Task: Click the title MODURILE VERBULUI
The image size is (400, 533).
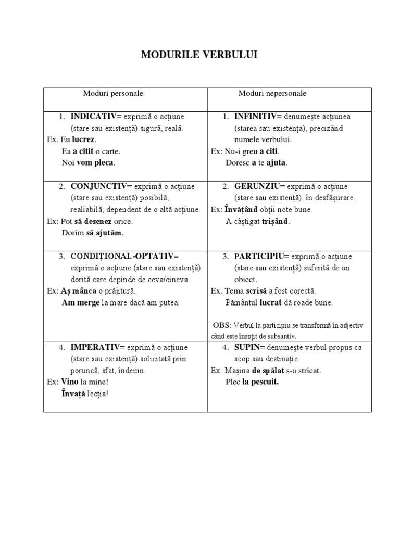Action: coord(199,55)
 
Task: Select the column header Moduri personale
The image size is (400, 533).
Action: coord(113,94)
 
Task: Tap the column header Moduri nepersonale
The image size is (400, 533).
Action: coord(272,94)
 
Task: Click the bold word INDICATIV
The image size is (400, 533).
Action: coord(94,116)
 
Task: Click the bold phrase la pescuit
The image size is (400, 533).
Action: coord(260,382)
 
